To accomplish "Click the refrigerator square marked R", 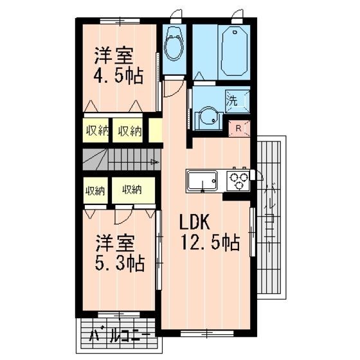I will click(239, 127).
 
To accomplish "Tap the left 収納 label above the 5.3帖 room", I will click(96, 190).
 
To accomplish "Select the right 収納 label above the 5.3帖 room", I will click(132, 190).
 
